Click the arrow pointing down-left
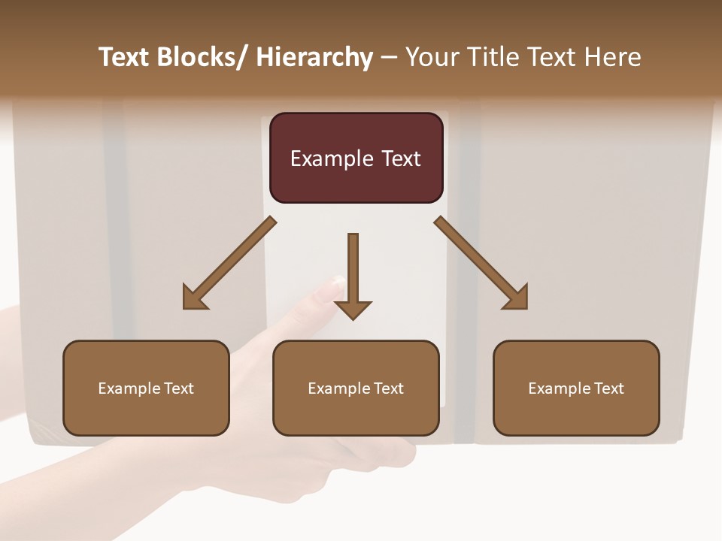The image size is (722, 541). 229,263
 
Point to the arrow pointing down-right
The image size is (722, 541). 481,263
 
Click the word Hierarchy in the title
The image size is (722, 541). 314,57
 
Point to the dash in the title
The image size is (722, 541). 389,58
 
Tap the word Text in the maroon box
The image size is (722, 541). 400,159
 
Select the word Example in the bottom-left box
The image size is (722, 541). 129,388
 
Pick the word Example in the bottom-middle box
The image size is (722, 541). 339,388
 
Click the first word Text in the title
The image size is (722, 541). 125,57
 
